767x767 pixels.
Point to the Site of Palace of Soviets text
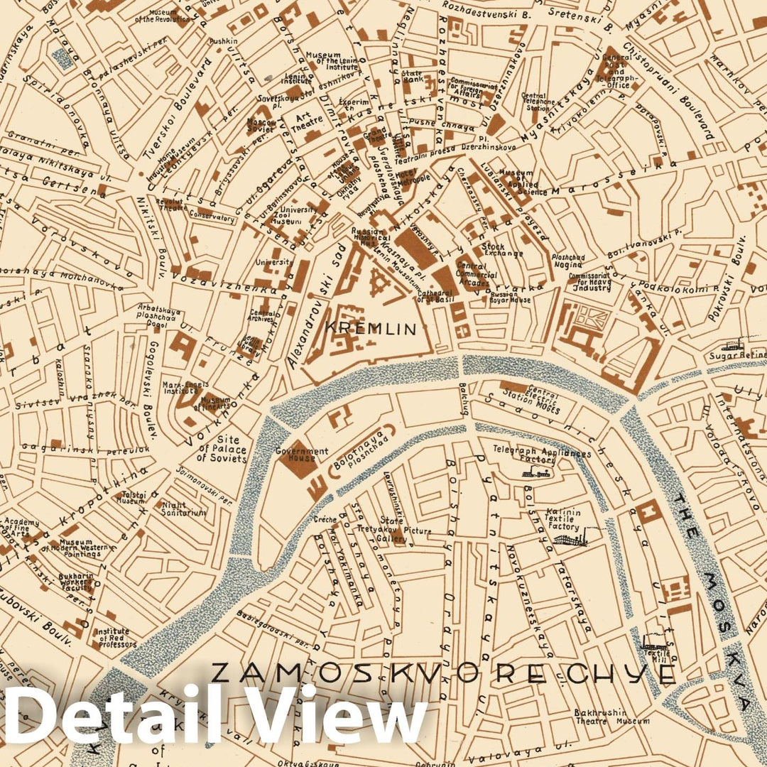point(222,449)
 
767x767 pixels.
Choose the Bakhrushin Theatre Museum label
point(611,716)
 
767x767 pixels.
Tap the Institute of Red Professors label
point(113,638)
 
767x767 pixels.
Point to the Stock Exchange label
point(503,250)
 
